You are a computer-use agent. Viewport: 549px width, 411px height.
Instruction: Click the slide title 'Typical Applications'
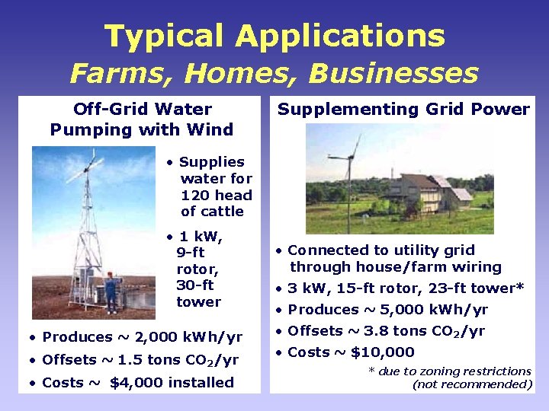[x=274, y=36]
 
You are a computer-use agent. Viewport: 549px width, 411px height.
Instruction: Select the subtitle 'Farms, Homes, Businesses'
[x=274, y=74]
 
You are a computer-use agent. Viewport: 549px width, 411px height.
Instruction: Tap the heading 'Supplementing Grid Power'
[x=403, y=109]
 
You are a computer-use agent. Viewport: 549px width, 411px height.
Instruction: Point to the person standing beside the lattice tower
[x=111, y=294]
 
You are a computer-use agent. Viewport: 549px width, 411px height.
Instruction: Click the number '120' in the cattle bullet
[x=195, y=195]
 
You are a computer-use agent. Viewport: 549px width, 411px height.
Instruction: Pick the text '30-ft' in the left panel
[x=194, y=285]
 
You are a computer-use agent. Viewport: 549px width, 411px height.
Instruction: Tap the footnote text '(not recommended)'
[x=472, y=384]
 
